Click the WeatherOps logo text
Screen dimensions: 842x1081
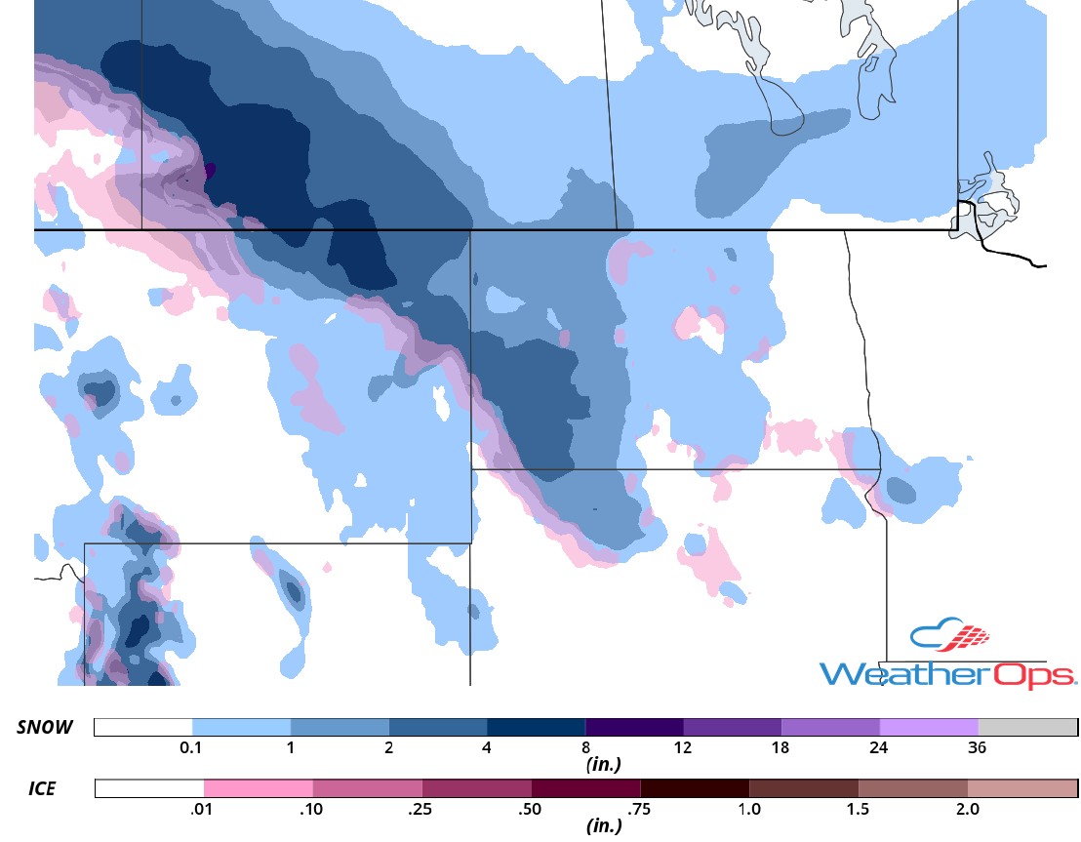[x=946, y=673]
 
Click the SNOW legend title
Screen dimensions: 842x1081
[x=43, y=728]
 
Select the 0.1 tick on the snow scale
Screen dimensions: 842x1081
[x=191, y=748]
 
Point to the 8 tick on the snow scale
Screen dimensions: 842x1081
[x=584, y=748]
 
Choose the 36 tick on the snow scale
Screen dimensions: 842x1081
[x=978, y=748]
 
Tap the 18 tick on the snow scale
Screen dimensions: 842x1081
[x=781, y=748]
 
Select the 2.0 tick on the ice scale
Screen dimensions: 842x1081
[x=967, y=809]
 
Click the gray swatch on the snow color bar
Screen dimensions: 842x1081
[x=1027, y=728]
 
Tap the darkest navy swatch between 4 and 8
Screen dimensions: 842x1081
[x=536, y=728]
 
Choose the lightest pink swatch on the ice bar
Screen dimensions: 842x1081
[x=259, y=788]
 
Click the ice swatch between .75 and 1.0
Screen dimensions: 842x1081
[x=695, y=788]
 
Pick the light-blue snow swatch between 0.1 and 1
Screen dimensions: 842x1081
[x=241, y=728]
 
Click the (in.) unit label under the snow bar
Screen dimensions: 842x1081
[x=604, y=766]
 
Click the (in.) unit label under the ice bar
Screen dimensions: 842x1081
[x=604, y=826]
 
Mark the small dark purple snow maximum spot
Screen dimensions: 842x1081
[x=211, y=169]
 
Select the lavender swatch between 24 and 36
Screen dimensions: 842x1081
[x=929, y=728]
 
